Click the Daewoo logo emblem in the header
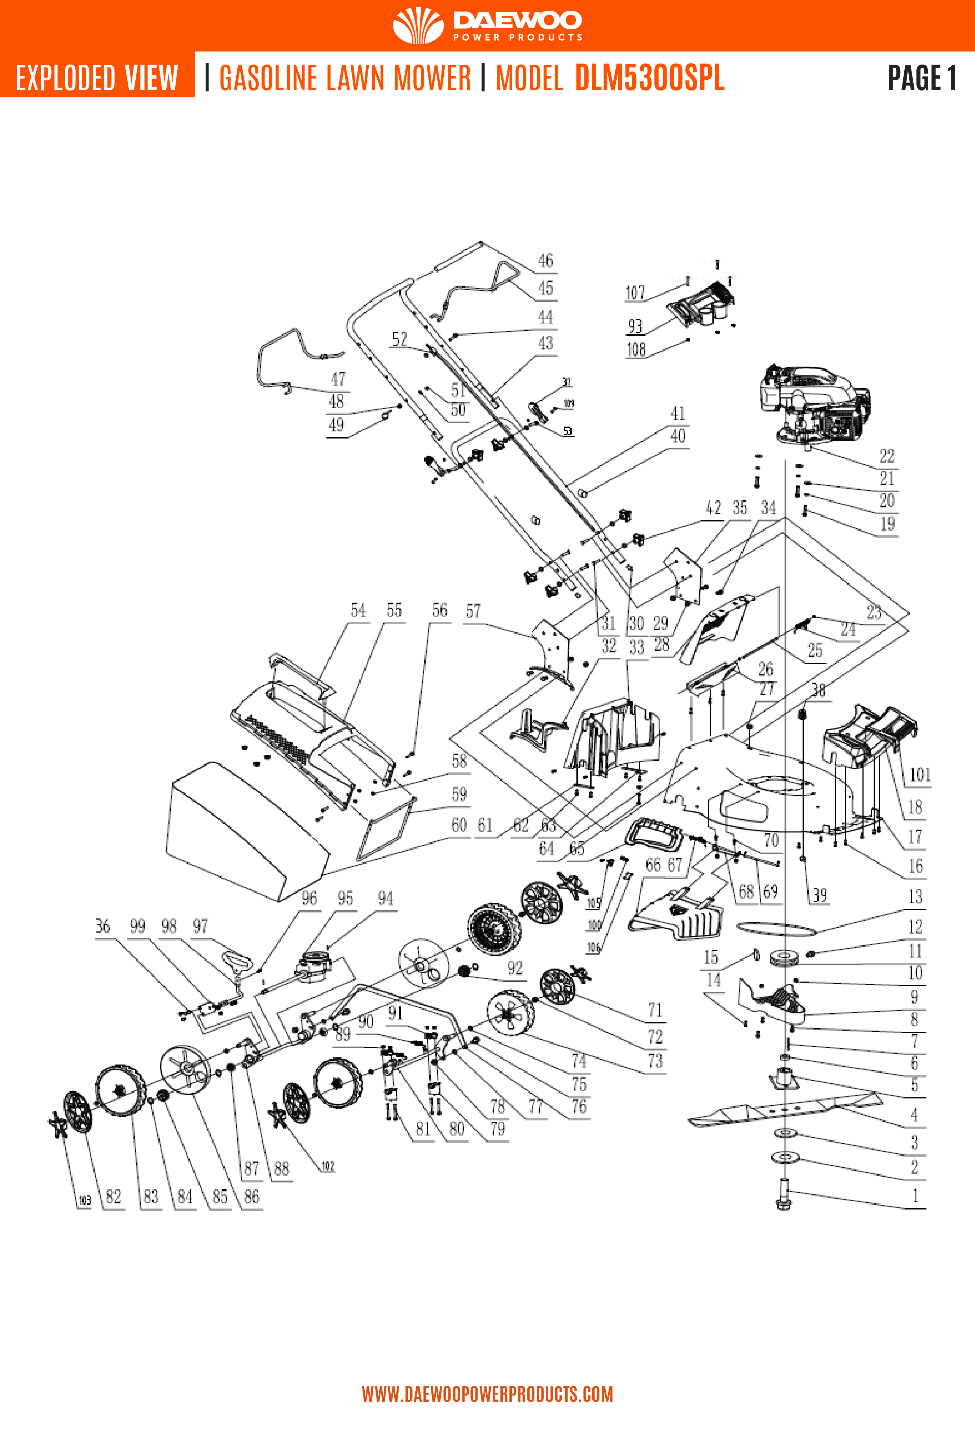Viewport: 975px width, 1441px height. pyautogui.click(x=418, y=25)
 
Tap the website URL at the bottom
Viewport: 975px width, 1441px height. pyautogui.click(x=488, y=1394)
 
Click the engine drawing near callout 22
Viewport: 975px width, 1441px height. pyautogui.click(x=812, y=403)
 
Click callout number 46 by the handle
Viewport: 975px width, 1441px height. pyautogui.click(x=545, y=260)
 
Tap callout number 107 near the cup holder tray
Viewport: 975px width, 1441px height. pyautogui.click(x=634, y=293)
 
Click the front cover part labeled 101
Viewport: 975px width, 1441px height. pyautogui.click(x=868, y=735)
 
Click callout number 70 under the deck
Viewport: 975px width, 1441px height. pyautogui.click(x=770, y=840)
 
